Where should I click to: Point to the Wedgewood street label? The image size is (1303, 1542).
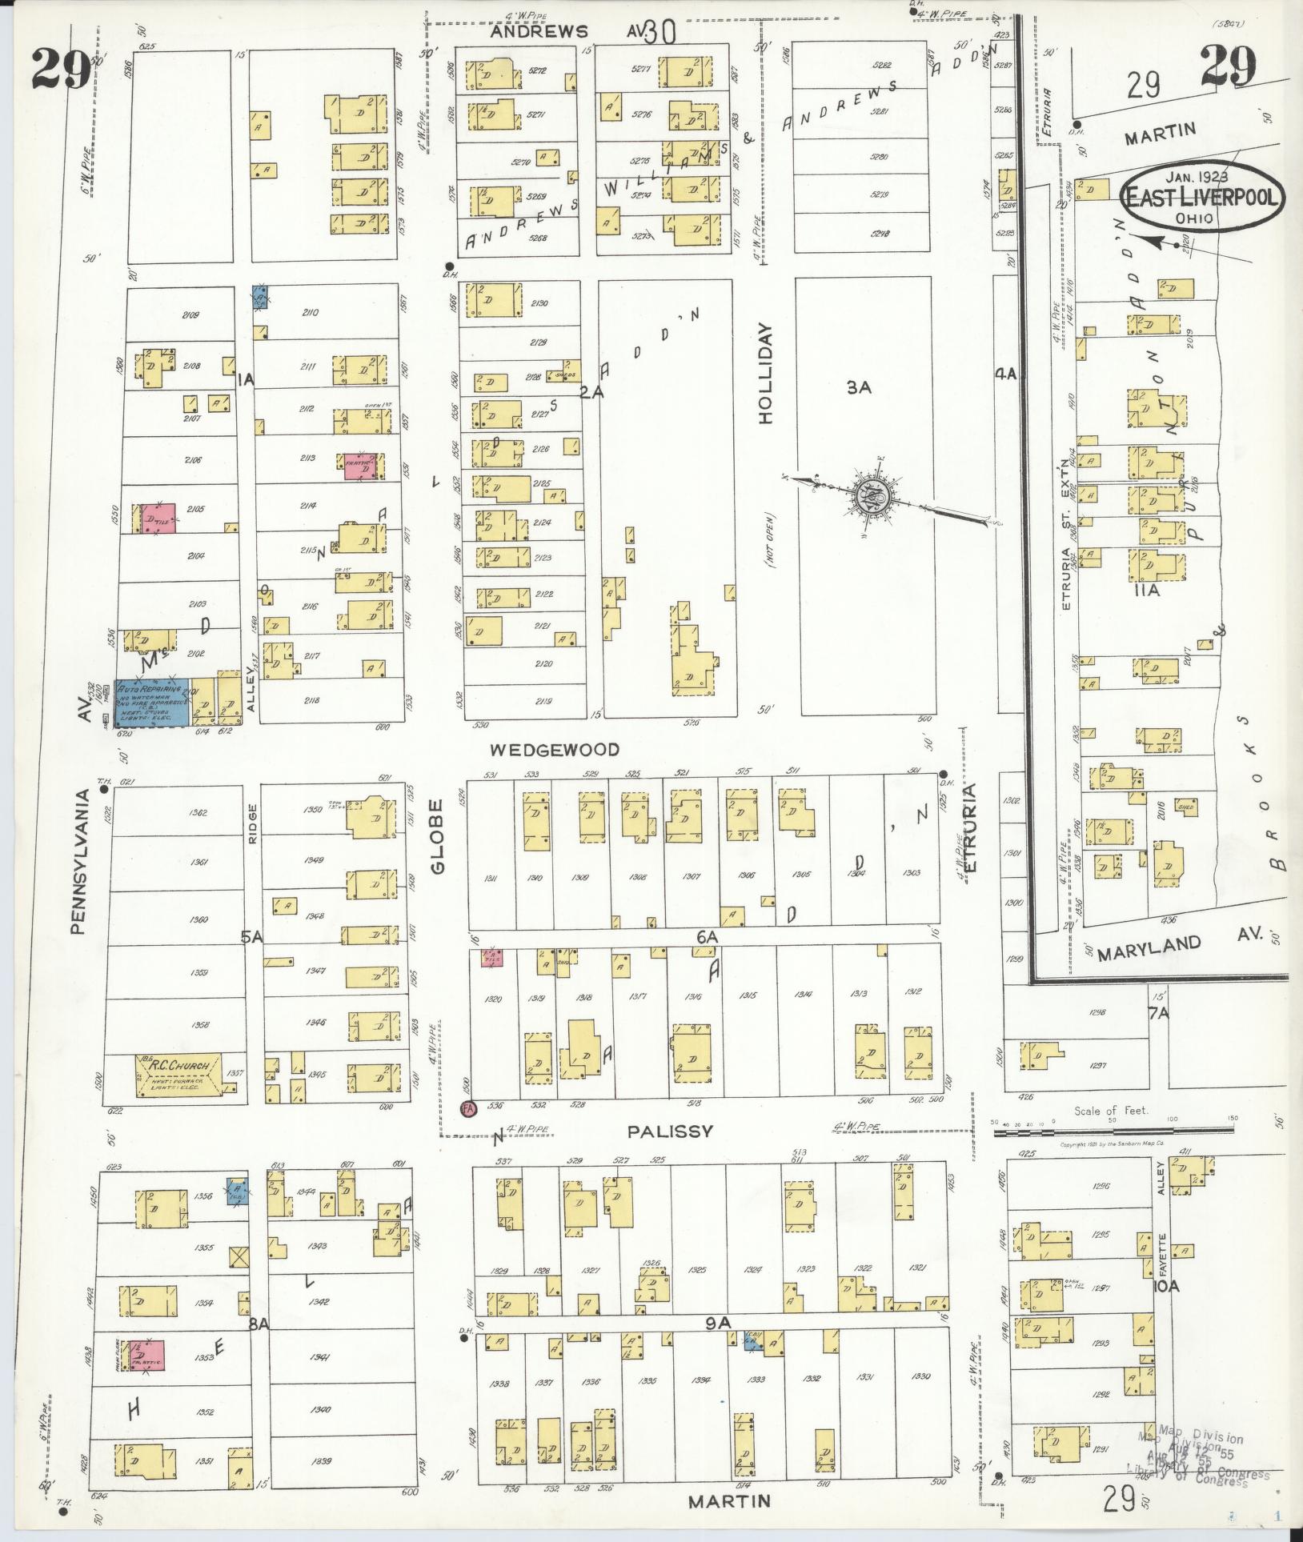coord(555,750)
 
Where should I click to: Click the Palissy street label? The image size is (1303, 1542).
coord(669,1131)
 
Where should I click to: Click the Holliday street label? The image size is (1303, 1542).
coord(768,373)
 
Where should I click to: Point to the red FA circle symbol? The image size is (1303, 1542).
coord(467,1108)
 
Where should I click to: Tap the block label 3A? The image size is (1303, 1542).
coord(860,388)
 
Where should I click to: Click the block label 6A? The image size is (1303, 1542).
coord(707,935)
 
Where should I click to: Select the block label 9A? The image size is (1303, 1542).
coord(718,1324)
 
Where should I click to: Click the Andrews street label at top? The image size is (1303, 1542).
coord(539,32)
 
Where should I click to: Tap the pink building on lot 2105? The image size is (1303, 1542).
coord(158,519)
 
